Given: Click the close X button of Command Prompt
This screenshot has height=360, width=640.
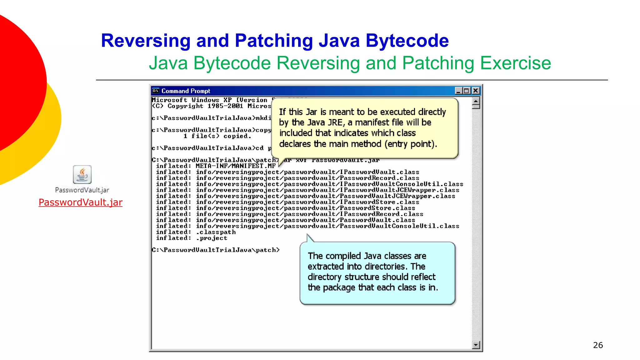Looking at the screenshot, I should (476, 91).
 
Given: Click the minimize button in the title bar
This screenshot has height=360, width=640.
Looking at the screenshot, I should (458, 91).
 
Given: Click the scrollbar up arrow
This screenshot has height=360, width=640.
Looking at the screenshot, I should (476, 101).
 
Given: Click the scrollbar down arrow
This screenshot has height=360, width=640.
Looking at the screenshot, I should (476, 345).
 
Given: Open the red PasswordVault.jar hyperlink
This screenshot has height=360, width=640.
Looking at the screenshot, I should (80, 202).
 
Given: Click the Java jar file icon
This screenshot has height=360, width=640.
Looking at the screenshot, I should (82, 174).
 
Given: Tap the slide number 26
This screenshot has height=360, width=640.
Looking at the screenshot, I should (598, 345).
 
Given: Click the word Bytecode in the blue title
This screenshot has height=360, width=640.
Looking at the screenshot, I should (407, 41).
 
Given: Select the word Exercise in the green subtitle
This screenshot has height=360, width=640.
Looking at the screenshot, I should (515, 63).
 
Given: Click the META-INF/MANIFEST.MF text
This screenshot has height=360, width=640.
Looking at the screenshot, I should (236, 166).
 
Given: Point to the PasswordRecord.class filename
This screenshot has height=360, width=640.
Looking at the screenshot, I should (379, 178).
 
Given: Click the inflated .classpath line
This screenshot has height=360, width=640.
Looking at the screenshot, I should (196, 232).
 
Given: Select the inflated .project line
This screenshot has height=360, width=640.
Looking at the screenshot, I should (192, 238).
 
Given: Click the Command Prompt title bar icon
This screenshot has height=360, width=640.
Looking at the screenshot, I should (156, 91).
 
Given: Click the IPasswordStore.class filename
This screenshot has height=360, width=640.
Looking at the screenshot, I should (379, 202).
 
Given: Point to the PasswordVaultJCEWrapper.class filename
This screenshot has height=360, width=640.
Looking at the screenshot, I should (397, 196).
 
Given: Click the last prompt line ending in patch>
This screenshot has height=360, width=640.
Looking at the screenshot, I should (216, 250).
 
